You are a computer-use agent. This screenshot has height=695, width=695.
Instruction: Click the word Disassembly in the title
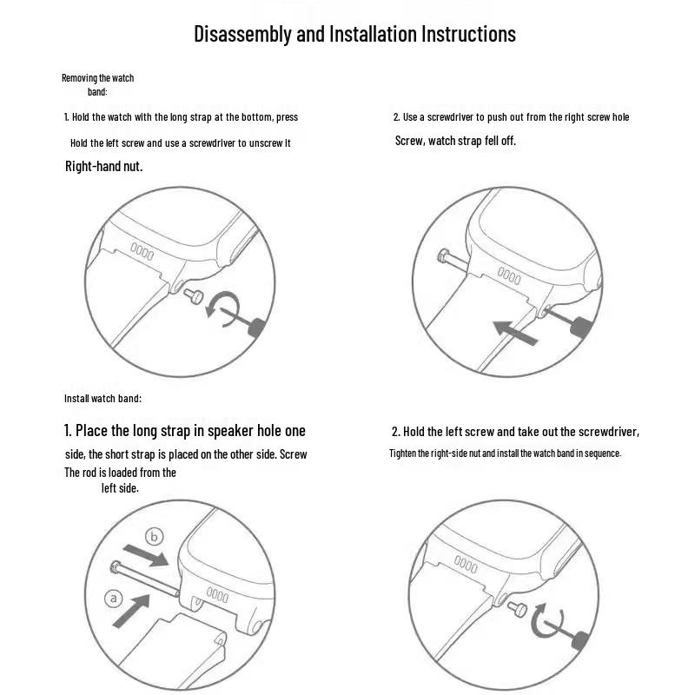pos(243,34)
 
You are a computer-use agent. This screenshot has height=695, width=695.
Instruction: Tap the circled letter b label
pos(155,537)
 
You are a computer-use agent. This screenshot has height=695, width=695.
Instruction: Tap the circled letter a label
pos(114,599)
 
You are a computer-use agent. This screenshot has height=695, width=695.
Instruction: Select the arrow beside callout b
pos(146,555)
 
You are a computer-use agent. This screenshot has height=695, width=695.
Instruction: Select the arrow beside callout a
pos(131,612)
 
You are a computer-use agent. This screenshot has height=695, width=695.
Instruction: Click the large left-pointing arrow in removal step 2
pos(515,333)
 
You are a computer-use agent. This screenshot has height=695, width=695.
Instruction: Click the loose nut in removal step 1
pos(194,295)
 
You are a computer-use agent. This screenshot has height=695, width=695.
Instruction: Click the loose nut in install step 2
pos(517,610)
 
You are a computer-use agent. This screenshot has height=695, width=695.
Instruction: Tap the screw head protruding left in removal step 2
pos(444,256)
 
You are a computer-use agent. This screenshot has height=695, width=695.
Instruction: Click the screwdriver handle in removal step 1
pos(257,328)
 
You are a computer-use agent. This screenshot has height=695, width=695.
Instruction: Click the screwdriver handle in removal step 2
pos(582,329)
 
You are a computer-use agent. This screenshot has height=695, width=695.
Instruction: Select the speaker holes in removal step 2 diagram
pos(509,275)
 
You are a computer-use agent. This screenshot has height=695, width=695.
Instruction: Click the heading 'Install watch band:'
pos(103,399)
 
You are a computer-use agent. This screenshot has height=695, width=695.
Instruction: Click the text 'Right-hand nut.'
pos(103,166)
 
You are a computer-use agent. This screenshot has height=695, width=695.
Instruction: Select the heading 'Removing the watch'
pos(97,78)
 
